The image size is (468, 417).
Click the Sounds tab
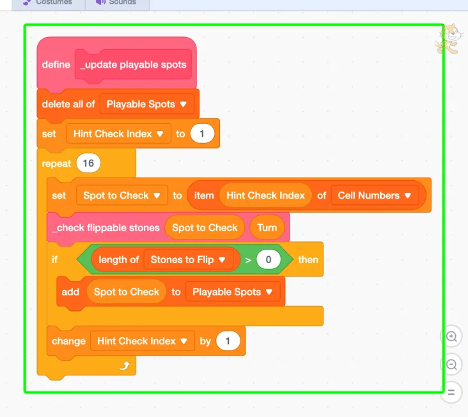[x=117, y=3]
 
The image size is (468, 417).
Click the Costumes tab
[x=49, y=3]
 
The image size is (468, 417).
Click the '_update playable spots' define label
[x=133, y=64]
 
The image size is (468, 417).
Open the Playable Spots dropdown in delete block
[x=147, y=104]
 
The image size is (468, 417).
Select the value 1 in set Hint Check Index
[x=202, y=134]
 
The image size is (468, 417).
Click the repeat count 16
[x=88, y=163]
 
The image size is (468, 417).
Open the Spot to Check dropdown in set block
[x=122, y=195]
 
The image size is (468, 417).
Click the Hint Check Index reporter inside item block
[x=265, y=195]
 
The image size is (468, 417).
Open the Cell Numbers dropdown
[x=375, y=195]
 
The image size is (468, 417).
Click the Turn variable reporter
[x=267, y=228]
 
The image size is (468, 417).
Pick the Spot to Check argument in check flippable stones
[x=205, y=228]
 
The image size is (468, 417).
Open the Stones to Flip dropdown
[x=188, y=260]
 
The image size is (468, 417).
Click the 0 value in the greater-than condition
[x=269, y=260]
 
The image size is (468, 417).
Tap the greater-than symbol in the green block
[x=248, y=260]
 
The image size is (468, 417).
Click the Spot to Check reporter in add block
[x=127, y=292]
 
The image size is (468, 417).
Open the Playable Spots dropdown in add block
[x=233, y=292]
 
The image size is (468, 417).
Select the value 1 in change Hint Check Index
[x=228, y=341]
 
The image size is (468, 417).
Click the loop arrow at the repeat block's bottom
[x=125, y=365]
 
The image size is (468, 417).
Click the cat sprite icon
[x=449, y=40]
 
